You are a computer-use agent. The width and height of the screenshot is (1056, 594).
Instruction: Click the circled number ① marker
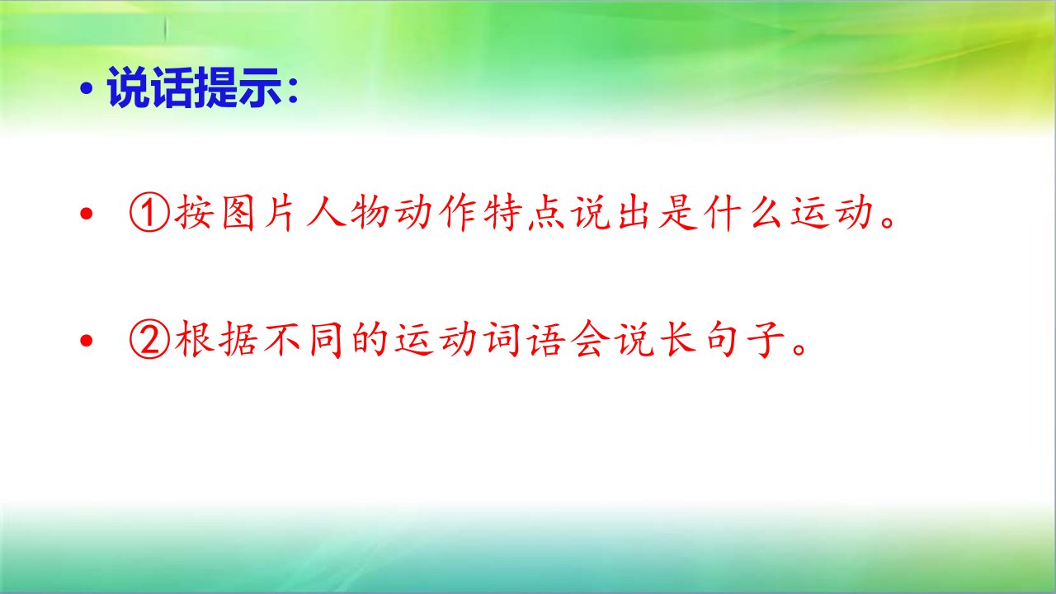149,214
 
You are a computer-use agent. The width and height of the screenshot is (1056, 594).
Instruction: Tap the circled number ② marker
149,340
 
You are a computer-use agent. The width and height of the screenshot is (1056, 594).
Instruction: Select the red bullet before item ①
87,214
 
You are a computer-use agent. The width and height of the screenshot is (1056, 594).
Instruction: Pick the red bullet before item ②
87,341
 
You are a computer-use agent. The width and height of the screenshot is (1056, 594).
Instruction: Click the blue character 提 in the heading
216,87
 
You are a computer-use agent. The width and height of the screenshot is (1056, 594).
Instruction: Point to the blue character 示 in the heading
259,87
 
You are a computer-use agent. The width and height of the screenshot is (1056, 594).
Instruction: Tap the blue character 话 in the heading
172,87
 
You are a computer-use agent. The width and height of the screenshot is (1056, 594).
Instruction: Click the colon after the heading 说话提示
293,90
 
